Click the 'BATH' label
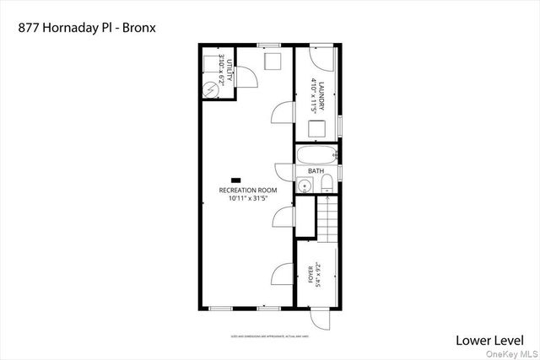[316, 171]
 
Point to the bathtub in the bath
[316, 155]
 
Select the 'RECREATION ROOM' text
[248, 191]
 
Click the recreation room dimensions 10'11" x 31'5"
[248, 199]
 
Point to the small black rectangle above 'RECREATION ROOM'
[236, 180]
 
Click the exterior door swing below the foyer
[321, 319]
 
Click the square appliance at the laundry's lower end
[317, 128]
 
